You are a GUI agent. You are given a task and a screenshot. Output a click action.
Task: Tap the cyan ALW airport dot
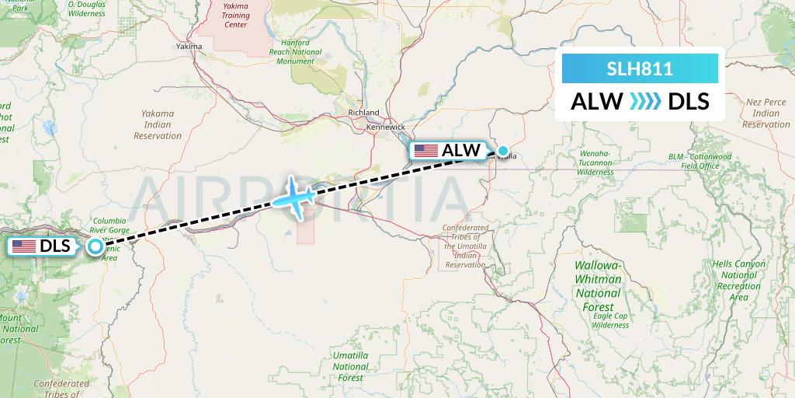click(x=503, y=151)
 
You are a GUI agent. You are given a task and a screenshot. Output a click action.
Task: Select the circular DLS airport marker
click(x=95, y=246)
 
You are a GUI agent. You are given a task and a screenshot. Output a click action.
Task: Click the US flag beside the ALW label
click(x=426, y=151)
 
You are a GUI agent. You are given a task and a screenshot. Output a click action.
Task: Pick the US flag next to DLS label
click(x=24, y=246)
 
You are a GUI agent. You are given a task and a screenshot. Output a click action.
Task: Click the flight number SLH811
click(x=640, y=69)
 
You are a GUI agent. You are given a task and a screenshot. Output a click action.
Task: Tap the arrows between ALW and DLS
click(x=644, y=101)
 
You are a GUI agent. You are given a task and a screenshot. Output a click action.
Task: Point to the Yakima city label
click(x=189, y=47)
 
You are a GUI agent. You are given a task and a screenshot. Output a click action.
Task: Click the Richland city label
click(x=364, y=113)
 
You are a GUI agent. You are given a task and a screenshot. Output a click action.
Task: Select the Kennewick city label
click(x=387, y=127)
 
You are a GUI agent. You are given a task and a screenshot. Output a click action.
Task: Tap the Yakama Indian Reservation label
click(x=159, y=124)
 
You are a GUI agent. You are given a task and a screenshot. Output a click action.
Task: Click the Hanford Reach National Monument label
click(x=295, y=52)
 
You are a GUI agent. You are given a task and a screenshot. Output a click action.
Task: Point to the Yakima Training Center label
click(x=236, y=16)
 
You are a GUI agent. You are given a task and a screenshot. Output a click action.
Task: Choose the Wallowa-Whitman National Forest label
click(x=598, y=280)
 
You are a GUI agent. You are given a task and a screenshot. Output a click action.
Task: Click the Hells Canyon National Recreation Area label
click(x=738, y=281)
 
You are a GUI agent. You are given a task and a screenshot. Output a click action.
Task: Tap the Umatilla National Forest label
click(x=350, y=365)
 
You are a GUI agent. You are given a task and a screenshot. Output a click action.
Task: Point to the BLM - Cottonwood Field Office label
click(x=700, y=161)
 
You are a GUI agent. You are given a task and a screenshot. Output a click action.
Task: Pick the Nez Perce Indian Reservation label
click(x=765, y=113)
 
